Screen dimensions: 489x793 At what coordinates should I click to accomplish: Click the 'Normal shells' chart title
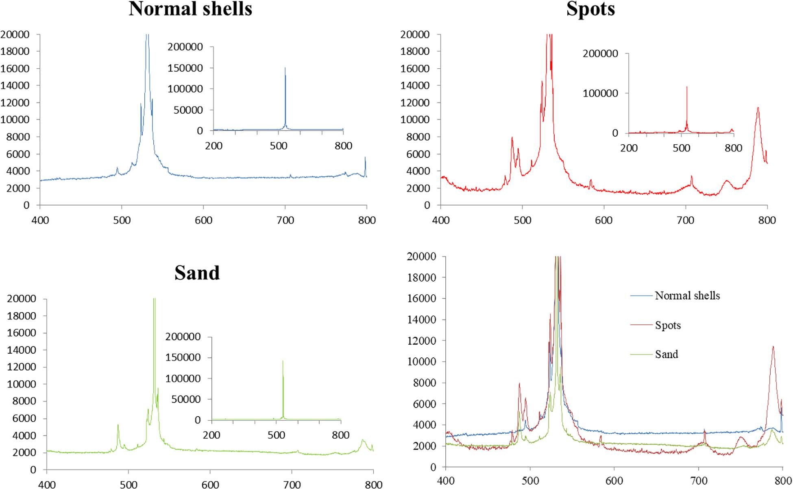click(190, 9)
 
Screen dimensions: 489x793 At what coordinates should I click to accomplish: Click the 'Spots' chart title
click(590, 9)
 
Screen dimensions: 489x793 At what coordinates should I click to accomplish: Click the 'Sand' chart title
click(197, 273)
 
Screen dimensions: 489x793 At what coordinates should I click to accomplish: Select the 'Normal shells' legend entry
click(687, 296)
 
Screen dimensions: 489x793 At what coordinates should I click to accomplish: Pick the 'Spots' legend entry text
click(668, 325)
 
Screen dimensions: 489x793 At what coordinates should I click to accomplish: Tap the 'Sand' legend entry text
click(667, 354)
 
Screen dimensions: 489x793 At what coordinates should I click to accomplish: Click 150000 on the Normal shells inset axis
click(185, 68)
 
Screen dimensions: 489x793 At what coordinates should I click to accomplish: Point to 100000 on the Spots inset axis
click(600, 93)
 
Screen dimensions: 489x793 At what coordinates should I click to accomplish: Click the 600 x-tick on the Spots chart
click(604, 221)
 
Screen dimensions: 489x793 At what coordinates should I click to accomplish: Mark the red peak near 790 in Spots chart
click(758, 108)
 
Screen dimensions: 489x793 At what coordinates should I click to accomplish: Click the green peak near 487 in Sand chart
click(118, 425)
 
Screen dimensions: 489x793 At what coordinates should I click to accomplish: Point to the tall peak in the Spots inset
click(687, 87)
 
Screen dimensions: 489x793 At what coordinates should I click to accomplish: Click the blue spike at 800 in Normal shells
click(365, 158)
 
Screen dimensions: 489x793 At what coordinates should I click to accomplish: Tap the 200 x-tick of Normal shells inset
click(213, 146)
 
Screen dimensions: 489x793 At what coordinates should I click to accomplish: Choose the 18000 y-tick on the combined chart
click(421, 278)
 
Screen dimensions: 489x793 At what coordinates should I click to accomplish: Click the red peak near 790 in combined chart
click(773, 347)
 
